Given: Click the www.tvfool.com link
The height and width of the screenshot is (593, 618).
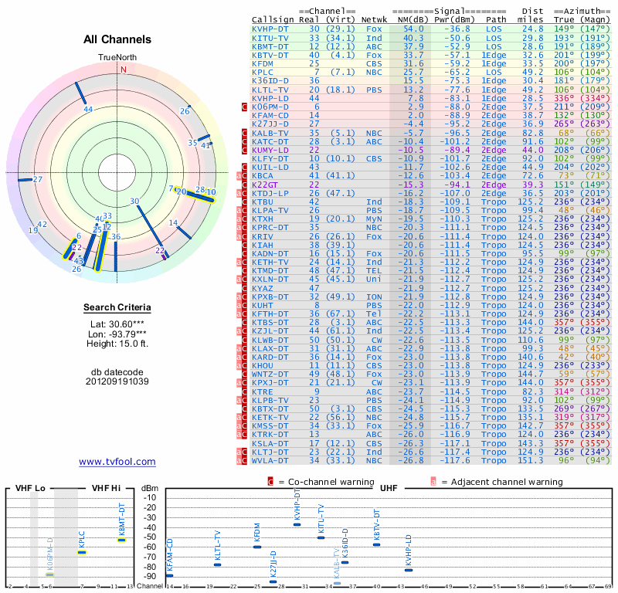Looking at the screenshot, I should [x=117, y=462].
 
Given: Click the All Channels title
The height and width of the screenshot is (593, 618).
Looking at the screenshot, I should [x=117, y=39].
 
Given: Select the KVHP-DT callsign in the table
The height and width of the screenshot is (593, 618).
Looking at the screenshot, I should [x=270, y=29].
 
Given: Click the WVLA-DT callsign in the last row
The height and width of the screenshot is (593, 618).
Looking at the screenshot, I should [x=270, y=461].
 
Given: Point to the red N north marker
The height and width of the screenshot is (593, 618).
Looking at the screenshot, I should [x=123, y=69].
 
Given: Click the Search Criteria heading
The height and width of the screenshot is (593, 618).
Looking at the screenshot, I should [x=117, y=308].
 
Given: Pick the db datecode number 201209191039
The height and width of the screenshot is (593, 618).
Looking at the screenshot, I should [x=117, y=381].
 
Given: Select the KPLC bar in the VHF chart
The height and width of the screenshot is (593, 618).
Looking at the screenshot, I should [x=82, y=552].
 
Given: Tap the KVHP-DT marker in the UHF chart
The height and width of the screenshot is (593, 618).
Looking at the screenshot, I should [x=297, y=524].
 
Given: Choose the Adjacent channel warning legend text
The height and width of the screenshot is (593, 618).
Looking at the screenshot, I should [x=501, y=482].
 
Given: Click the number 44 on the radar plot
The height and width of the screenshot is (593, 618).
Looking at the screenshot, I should [x=88, y=109].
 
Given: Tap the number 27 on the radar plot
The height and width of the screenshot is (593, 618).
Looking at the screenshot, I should [x=37, y=180].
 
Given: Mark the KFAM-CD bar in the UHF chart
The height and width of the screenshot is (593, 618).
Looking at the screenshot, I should [x=170, y=575].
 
